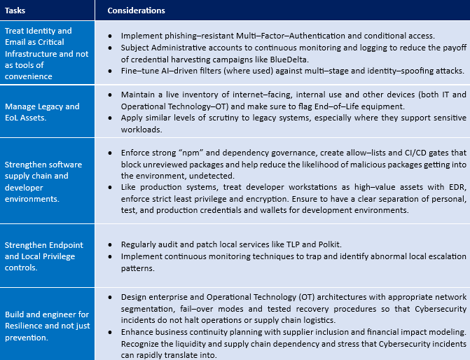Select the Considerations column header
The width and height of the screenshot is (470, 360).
pyautogui.click(x=137, y=11)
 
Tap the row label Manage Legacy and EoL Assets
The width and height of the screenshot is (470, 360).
pyautogui.click(x=42, y=112)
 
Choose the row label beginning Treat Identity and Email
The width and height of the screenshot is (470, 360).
pyautogui.click(x=39, y=53)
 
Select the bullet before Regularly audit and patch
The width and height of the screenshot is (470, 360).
pyautogui.click(x=113, y=245)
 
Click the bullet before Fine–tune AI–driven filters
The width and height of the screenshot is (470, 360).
pyautogui.click(x=113, y=71)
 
